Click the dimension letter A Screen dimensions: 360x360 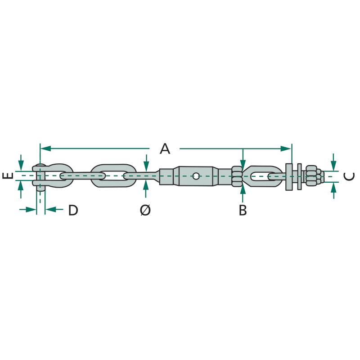click(x=165, y=148)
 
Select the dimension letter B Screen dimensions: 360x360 click(x=243, y=210)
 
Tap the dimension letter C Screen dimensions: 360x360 click(x=349, y=176)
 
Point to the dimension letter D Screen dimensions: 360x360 click(x=73, y=210)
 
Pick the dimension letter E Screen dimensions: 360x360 click(x=8, y=176)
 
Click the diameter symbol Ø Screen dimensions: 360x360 click(x=145, y=210)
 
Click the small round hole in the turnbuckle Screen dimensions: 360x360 click(x=196, y=176)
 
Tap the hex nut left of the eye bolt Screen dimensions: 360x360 click(x=237, y=176)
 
